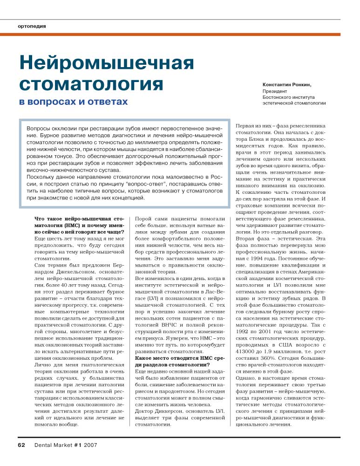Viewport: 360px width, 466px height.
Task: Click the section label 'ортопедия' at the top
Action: pyautogui.click(x=32, y=26)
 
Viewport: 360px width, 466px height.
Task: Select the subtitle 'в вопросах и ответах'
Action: pyautogui.click(x=73, y=101)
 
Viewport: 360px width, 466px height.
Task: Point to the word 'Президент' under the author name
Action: pyautogui.click(x=275, y=91)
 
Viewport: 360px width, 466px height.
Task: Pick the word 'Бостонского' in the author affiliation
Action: pyautogui.click(x=278, y=97)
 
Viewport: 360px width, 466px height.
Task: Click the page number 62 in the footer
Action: pyautogui.click(x=21, y=445)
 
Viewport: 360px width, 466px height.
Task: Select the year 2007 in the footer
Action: pyautogui.click(x=90, y=445)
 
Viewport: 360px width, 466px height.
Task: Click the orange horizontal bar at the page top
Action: pyautogui.click(x=180, y=34)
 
